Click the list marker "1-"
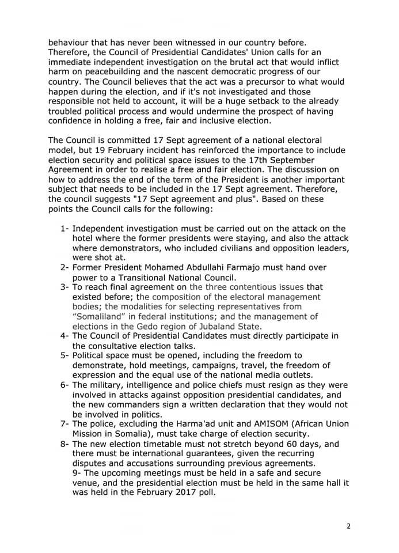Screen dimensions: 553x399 66,229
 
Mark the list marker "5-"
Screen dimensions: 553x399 66,356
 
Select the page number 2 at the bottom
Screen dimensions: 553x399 348,526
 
